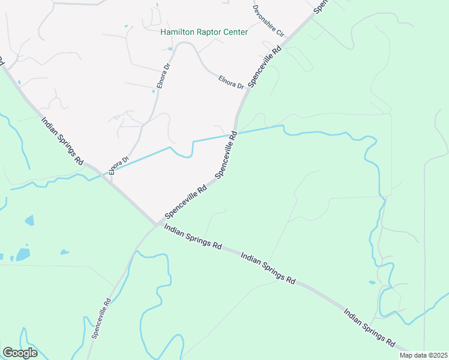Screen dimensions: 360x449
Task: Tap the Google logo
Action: coord(20,353)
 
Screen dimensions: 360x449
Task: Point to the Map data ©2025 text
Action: coord(423,355)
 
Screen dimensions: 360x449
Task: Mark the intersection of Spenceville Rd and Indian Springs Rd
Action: coord(158,224)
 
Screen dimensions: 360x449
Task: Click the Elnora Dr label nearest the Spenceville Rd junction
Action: coord(231,82)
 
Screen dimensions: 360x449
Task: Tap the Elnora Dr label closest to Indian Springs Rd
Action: coord(119,166)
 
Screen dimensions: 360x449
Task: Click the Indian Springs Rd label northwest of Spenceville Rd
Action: coord(62,141)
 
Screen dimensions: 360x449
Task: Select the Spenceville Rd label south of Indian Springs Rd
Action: coord(101,319)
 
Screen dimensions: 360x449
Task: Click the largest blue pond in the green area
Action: coord(23,254)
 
